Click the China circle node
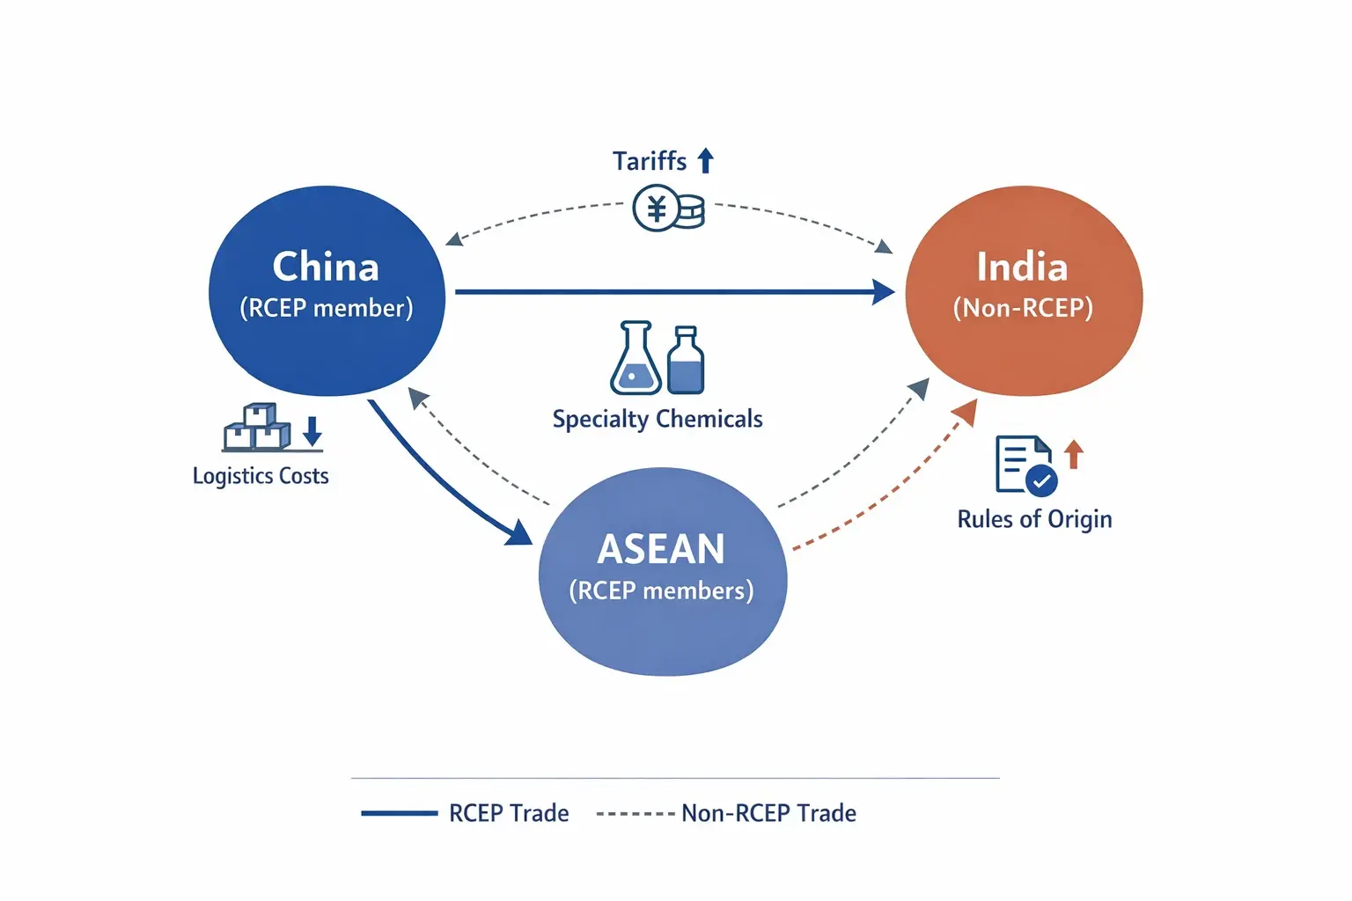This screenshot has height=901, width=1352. (327, 290)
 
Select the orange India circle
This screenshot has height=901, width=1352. (1024, 290)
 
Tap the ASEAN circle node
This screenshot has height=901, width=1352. (662, 572)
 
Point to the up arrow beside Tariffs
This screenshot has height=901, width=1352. (705, 161)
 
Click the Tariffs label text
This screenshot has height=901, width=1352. (650, 162)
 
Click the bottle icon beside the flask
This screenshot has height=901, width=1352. (686, 361)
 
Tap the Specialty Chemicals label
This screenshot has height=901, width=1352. (658, 419)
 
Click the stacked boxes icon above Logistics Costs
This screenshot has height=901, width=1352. (256, 428)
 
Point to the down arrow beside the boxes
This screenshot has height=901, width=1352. (312, 432)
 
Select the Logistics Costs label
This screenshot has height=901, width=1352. (261, 476)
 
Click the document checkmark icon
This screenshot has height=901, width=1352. (1025, 465)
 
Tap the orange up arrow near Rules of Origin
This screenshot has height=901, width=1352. (1073, 454)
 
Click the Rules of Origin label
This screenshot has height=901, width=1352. (1034, 519)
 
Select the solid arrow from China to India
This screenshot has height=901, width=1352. (669, 291)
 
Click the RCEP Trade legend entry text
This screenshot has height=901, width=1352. (509, 813)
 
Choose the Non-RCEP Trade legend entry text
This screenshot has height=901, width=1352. (768, 813)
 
